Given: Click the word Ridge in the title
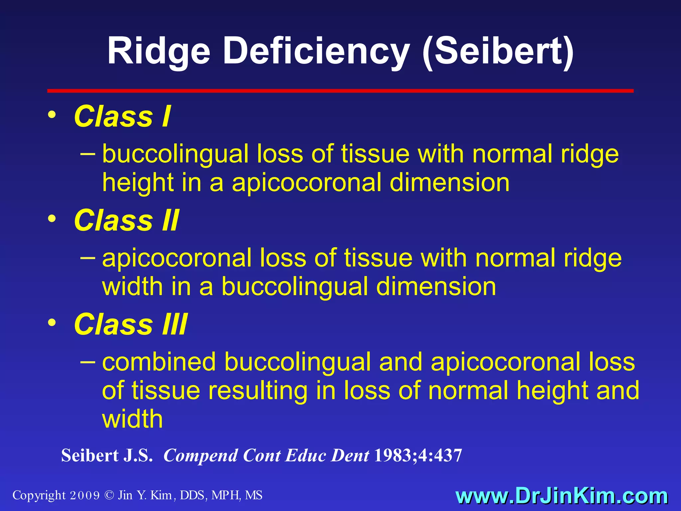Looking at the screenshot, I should pyautogui.click(x=159, y=52).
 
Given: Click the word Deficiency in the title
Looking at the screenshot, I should pyautogui.click(x=316, y=52).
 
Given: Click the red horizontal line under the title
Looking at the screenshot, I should pyautogui.click(x=340, y=90).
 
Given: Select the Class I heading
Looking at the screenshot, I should pyautogui.click(x=122, y=116).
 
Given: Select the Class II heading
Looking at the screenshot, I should pyautogui.click(x=126, y=220).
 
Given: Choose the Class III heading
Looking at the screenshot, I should pyautogui.click(x=131, y=324).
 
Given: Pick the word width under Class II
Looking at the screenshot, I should pyautogui.click(x=132, y=287).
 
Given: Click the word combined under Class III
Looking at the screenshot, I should pyautogui.click(x=159, y=362).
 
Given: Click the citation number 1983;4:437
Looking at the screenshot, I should pyautogui.click(x=418, y=455).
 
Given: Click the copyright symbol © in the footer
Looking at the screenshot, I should pyautogui.click(x=109, y=495).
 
